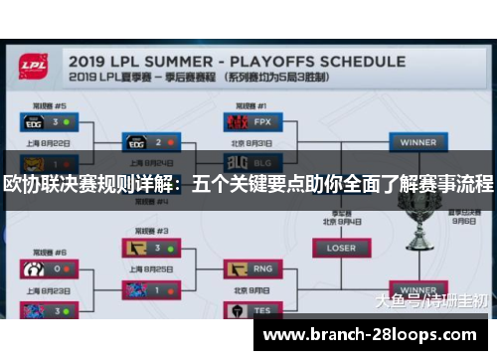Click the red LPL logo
tap(37, 68)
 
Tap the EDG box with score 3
tap(48, 122)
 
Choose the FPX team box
tap(248, 123)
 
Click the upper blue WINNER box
tap(416, 142)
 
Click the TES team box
tap(248, 309)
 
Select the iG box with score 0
tap(48, 269)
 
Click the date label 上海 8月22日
tap(48, 142)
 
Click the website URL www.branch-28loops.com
tap(373, 335)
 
